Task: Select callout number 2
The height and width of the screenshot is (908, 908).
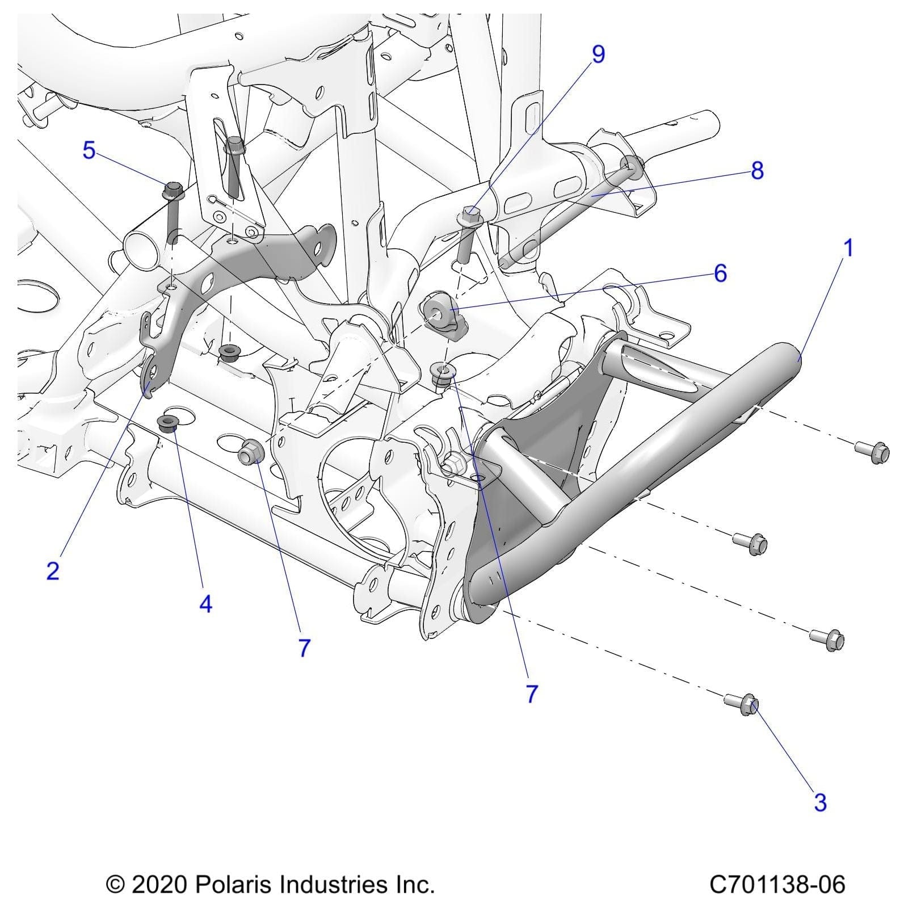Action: (x=53, y=570)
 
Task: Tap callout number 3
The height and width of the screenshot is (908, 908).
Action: (x=820, y=802)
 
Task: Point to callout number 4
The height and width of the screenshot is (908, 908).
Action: (x=205, y=604)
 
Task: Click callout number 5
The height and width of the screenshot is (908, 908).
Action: (x=89, y=151)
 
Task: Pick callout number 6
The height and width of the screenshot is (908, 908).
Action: (x=720, y=274)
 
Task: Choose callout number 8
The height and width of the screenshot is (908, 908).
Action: (x=757, y=171)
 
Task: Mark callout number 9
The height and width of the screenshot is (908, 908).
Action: (x=598, y=54)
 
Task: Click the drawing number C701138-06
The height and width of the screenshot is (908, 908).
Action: (x=777, y=884)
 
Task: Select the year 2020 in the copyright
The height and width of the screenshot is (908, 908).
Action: (x=159, y=884)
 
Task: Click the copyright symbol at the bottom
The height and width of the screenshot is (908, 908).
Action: (x=116, y=885)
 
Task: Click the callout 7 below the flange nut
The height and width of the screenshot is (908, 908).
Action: (x=304, y=648)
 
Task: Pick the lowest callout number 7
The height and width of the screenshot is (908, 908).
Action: (x=531, y=693)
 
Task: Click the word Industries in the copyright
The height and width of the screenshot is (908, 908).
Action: (x=334, y=884)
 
